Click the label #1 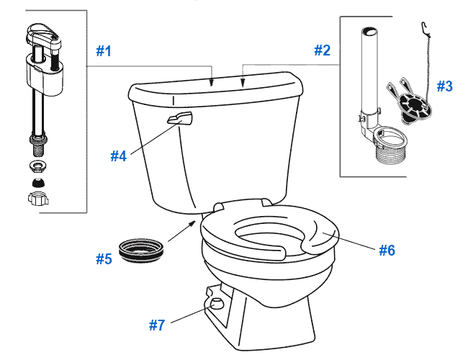tap(105, 51)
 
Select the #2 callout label tap(322, 50)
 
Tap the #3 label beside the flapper tap(444, 86)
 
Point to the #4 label tap(119, 155)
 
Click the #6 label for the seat tap(387, 250)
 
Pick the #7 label tap(158, 325)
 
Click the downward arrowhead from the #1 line tap(211, 84)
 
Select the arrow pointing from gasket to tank tap(189, 227)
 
